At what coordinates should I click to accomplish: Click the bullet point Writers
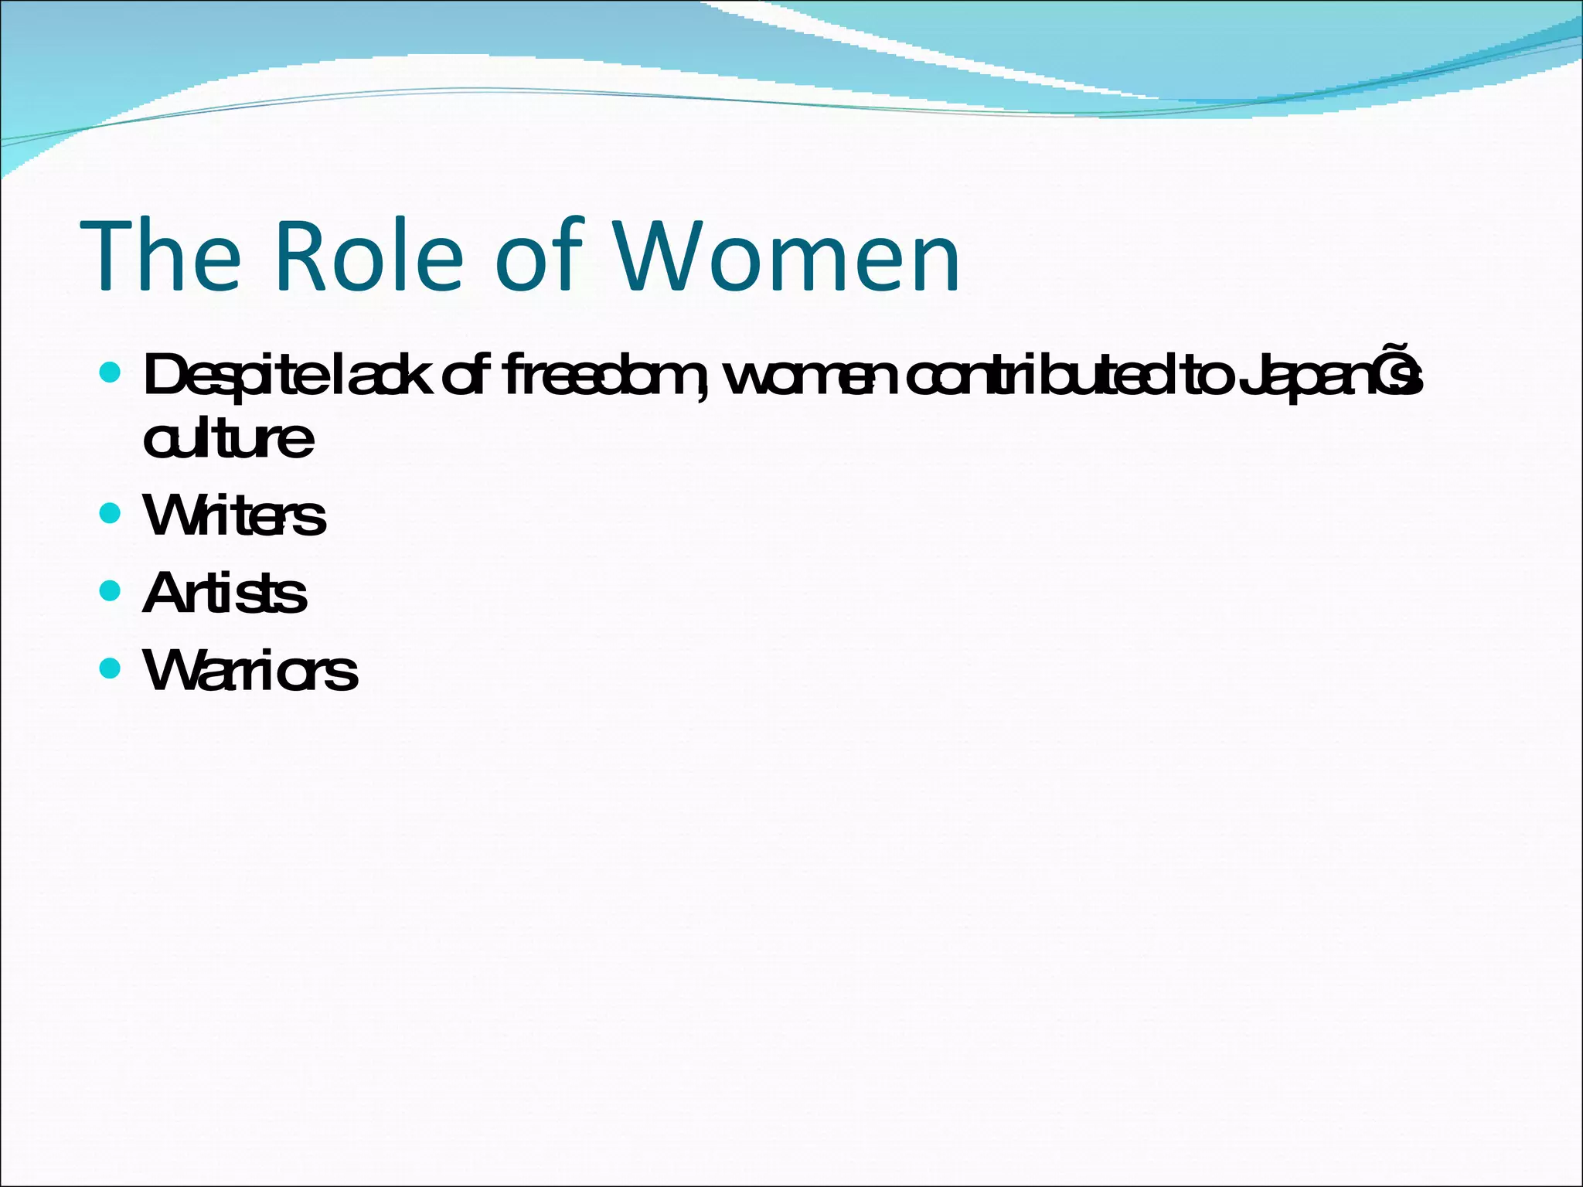[x=234, y=515]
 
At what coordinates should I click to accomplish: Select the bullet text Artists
[x=225, y=593]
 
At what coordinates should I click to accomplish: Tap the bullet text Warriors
[x=250, y=670]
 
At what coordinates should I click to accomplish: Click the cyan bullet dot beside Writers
[x=111, y=513]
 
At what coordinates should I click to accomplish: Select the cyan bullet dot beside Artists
[x=111, y=591]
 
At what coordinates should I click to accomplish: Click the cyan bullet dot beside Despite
[x=111, y=372]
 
